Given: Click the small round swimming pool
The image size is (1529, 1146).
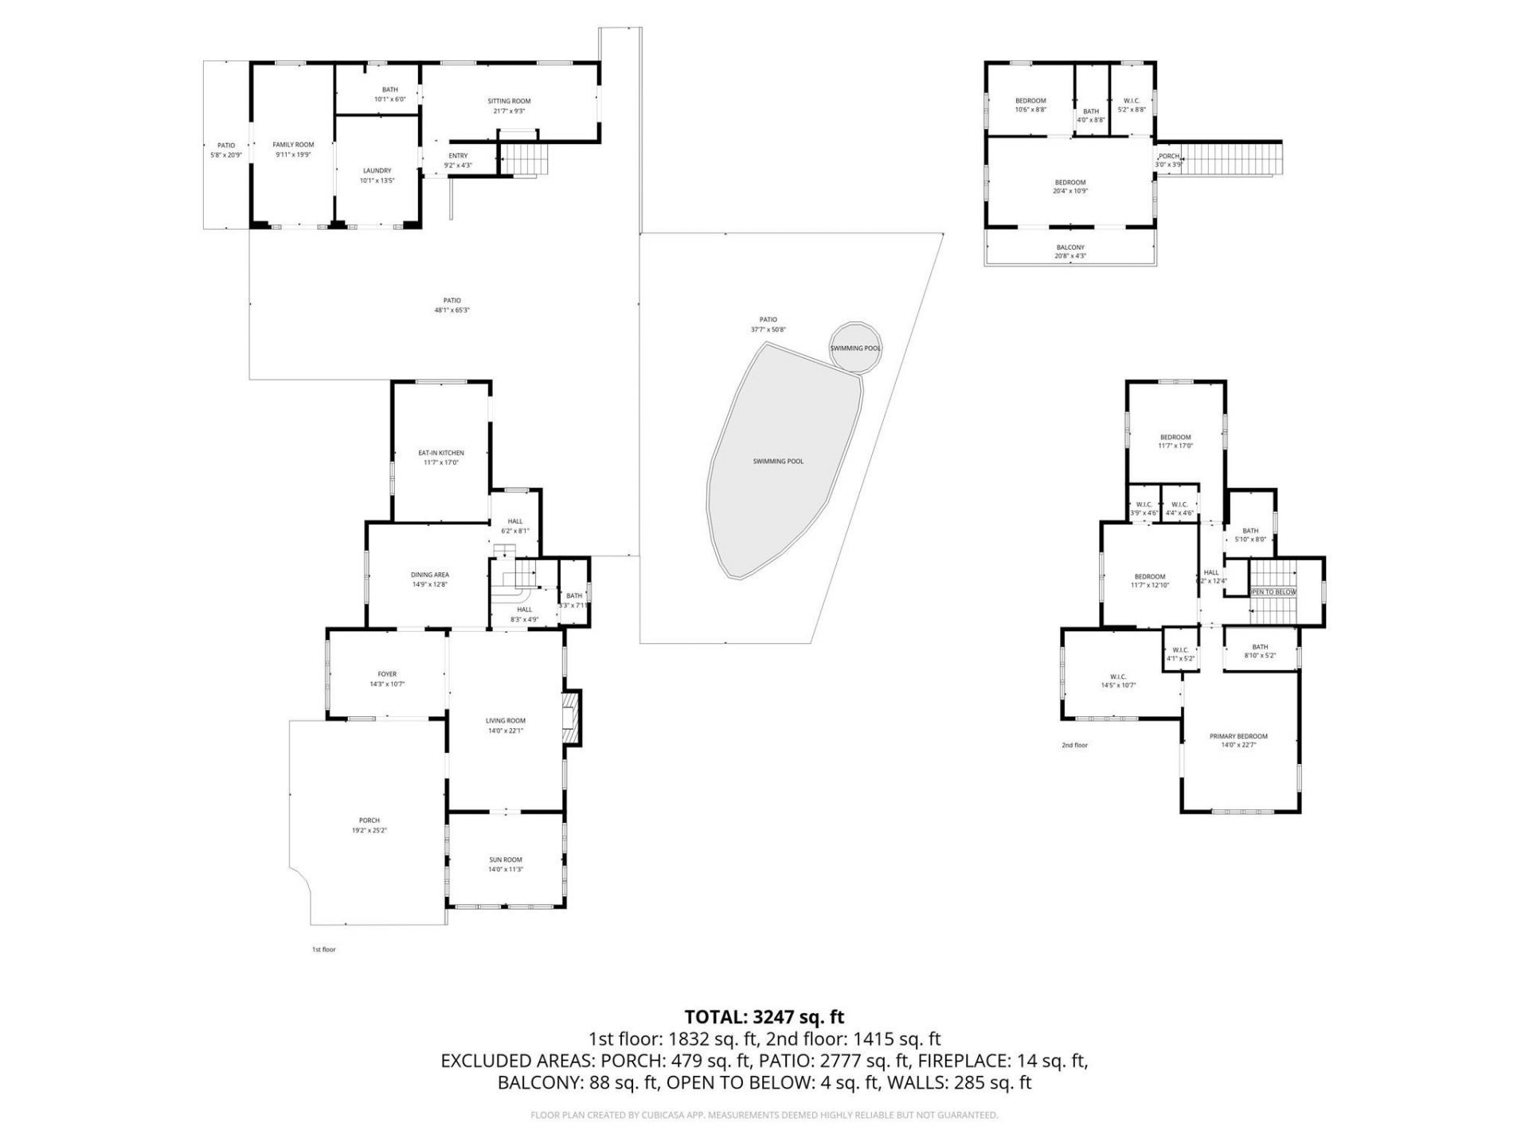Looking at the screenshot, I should [x=856, y=348].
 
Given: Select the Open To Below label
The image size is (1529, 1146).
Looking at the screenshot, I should [x=1272, y=592].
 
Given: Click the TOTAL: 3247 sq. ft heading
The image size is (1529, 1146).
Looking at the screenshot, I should [x=764, y=1017].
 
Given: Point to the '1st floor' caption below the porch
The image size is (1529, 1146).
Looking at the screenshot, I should [x=323, y=949].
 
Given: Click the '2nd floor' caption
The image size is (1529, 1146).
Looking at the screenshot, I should [x=1074, y=745].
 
